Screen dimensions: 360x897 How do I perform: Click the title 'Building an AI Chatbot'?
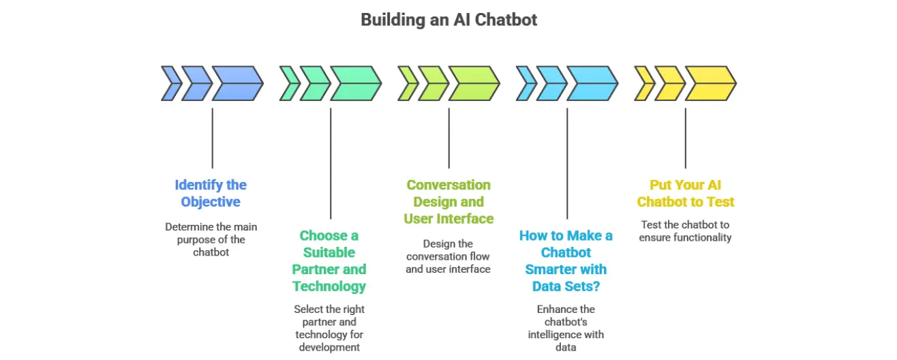pyautogui.click(x=448, y=20)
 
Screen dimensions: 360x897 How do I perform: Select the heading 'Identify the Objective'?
pyautogui.click(x=211, y=193)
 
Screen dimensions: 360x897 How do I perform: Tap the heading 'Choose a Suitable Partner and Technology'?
pyautogui.click(x=329, y=260)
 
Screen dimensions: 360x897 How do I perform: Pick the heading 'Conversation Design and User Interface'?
pyautogui.click(x=448, y=201)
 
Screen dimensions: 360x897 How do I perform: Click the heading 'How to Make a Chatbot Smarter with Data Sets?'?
pyautogui.click(x=566, y=260)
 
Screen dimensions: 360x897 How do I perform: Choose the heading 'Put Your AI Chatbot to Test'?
pyautogui.click(x=685, y=193)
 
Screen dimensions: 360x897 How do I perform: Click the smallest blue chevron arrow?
pyautogui.click(x=170, y=84)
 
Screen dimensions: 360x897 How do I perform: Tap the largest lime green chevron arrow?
pyautogui.click(x=474, y=84)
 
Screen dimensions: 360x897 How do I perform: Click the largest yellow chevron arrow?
pyautogui.click(x=710, y=84)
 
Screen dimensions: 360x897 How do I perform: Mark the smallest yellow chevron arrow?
pyautogui.click(x=643, y=84)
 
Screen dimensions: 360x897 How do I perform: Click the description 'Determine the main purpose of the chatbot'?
pyautogui.click(x=211, y=239)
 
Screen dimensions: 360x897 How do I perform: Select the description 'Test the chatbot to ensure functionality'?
pyautogui.click(x=685, y=231)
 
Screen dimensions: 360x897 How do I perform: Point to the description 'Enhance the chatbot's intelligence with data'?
pyautogui.click(x=566, y=328)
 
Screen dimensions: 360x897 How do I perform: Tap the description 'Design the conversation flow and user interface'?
pyautogui.click(x=448, y=256)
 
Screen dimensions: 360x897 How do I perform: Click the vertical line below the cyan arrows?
pyautogui.click(x=567, y=163)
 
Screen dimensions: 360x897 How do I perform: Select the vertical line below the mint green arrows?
pyautogui.click(x=331, y=163)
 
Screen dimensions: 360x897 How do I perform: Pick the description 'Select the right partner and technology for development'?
pyautogui.click(x=329, y=328)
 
